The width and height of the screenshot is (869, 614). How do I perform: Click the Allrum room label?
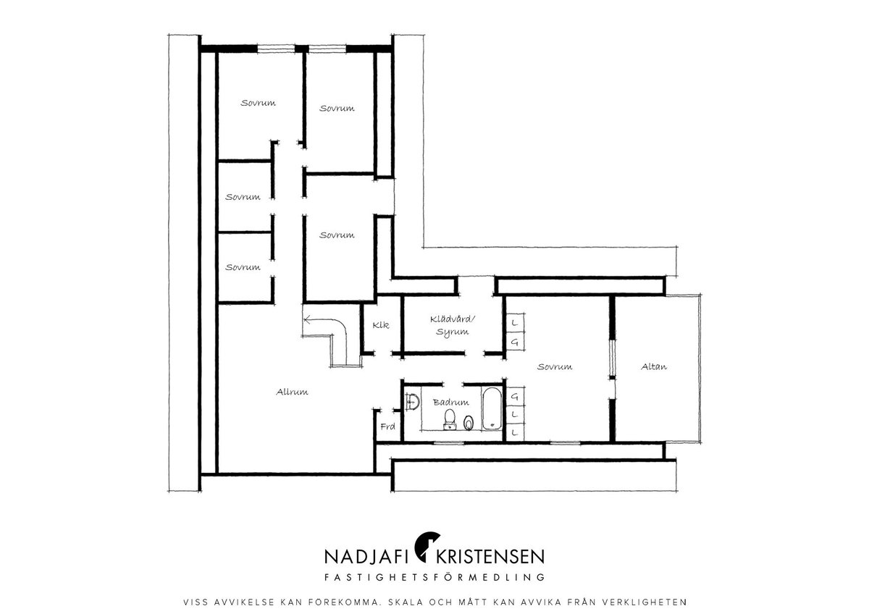tap(292, 392)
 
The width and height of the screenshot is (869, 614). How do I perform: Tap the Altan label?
tap(654, 366)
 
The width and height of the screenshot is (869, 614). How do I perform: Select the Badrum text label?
tap(450, 403)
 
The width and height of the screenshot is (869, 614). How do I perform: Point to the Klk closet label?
tap(381, 325)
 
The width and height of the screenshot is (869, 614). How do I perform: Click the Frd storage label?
tap(387, 426)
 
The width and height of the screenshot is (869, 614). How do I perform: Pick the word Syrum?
tap(452, 332)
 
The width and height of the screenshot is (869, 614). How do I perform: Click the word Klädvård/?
tap(453, 319)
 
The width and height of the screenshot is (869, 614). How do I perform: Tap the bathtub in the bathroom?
tap(492, 408)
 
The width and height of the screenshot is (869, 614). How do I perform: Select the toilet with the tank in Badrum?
tap(450, 419)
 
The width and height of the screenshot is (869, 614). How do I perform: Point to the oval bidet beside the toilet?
tap(469, 423)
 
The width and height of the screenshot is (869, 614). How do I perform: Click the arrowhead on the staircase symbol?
tap(307, 319)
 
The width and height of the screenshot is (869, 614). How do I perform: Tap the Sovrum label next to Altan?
tap(555, 366)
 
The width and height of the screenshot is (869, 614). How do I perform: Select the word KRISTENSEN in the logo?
tap(490, 557)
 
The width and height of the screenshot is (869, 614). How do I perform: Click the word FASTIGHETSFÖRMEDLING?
tap(434, 577)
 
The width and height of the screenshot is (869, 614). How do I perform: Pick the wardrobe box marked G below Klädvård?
tap(515, 342)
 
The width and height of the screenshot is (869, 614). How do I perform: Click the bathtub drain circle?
tap(492, 425)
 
